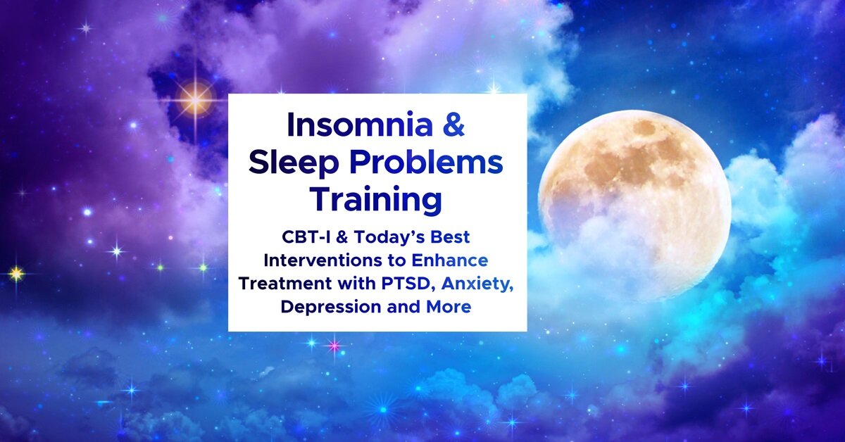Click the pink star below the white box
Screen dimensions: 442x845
[x=334, y=346]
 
